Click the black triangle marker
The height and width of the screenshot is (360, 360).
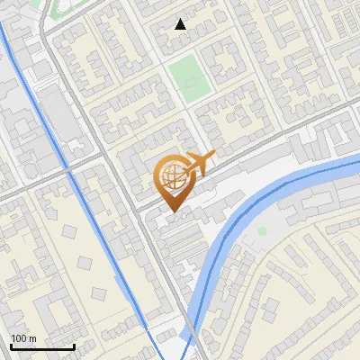(181, 24)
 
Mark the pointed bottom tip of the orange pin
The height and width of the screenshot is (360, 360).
(170, 212)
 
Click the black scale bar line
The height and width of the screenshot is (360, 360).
(42, 346)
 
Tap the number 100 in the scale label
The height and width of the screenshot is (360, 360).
(20, 338)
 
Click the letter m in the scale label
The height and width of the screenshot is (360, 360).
(32, 338)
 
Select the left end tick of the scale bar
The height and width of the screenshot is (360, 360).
(11, 345)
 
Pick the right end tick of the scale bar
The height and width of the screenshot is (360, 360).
(74, 345)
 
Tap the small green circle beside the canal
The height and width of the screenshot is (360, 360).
(262, 231)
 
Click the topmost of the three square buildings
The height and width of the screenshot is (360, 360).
(69, 231)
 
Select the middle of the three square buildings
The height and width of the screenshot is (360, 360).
(85, 262)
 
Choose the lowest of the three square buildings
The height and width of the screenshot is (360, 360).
(99, 293)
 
